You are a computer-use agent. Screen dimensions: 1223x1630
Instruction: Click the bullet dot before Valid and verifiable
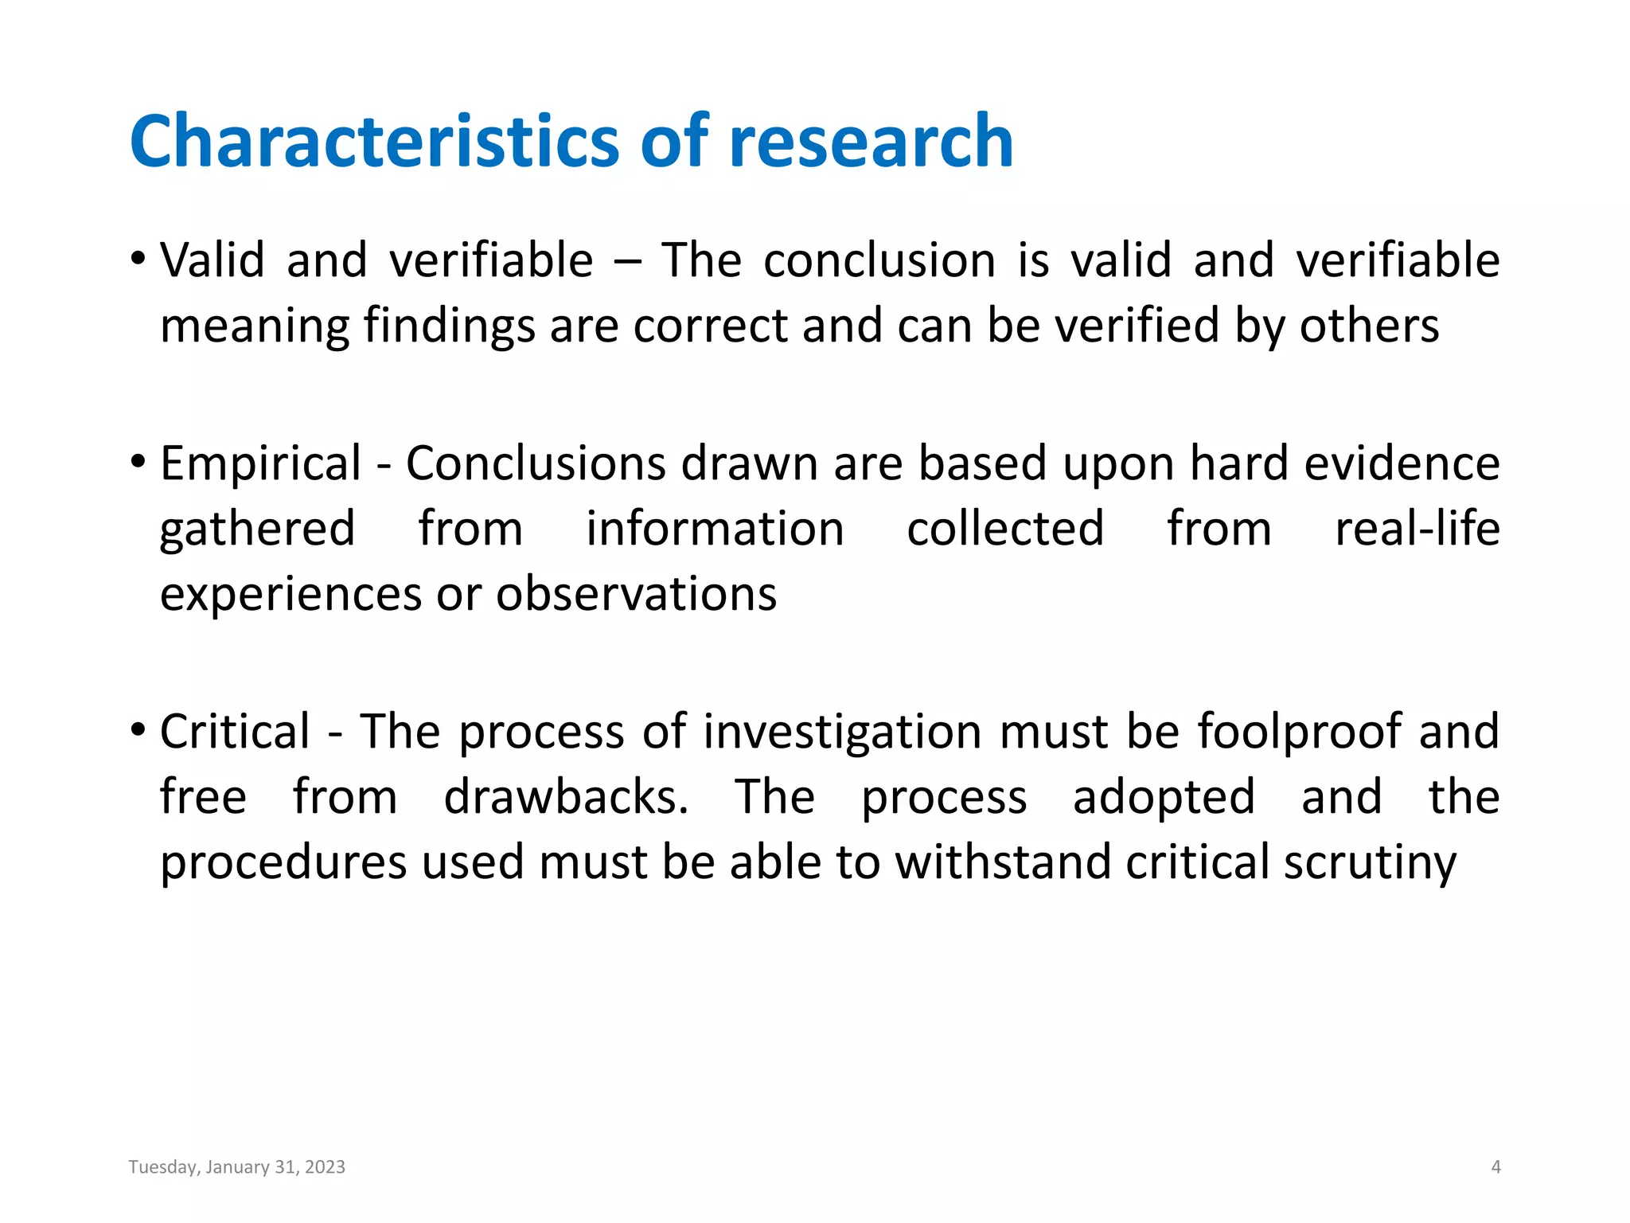[x=138, y=259]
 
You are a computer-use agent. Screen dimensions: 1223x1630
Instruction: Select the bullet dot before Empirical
[x=138, y=461]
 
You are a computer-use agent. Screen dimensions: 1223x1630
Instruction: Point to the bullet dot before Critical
[x=138, y=729]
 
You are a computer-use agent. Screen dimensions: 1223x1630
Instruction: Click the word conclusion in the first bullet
[x=879, y=260]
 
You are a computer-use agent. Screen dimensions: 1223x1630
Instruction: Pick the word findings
[x=449, y=326]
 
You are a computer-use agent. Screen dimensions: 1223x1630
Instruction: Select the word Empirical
[x=261, y=463]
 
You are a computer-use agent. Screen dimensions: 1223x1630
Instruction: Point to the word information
[x=715, y=529]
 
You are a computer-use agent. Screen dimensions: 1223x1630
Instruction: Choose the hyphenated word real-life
[x=1417, y=529]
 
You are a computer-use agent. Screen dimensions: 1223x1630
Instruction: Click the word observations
[x=636, y=594]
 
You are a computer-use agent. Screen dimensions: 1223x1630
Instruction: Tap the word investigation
[x=842, y=732]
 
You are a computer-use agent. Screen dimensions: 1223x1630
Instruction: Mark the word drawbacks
[x=566, y=797]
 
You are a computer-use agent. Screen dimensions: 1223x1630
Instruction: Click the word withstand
[x=1002, y=862]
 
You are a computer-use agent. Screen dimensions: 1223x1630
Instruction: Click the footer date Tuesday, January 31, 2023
[x=237, y=1167]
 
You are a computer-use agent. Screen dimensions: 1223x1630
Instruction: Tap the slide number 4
[x=1495, y=1167]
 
